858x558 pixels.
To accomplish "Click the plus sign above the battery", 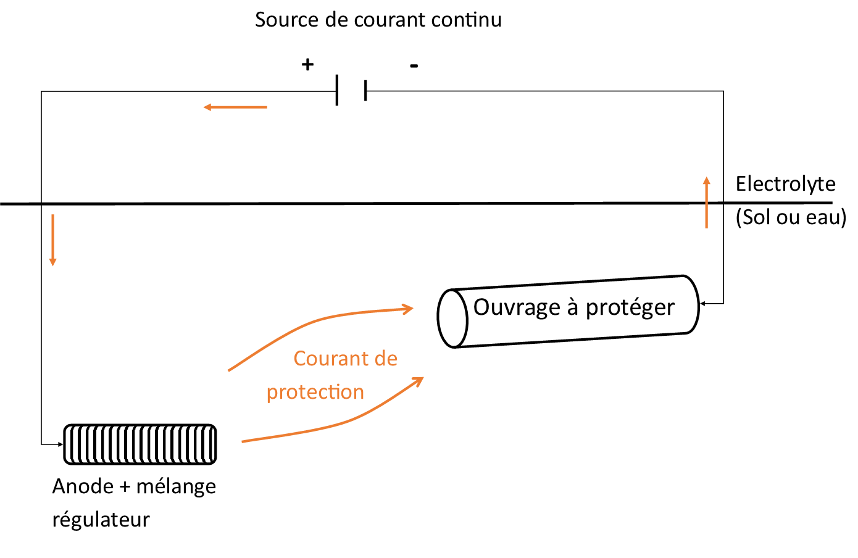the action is coord(307,64).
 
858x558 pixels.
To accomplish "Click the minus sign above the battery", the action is coord(414,66).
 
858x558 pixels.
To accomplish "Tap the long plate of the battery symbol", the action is coord(337,90).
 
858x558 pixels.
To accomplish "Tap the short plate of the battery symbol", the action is coord(366,90).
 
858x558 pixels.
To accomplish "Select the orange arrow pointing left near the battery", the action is coord(235,107).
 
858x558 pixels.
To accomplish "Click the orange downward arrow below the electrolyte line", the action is coord(53,240).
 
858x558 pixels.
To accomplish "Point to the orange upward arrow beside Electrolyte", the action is coord(707,202).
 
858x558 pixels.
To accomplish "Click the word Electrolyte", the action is coord(786,185).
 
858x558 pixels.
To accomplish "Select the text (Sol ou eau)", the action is coord(791,217).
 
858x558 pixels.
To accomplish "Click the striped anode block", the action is coord(140,444).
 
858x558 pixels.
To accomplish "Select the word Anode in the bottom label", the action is coord(83,486).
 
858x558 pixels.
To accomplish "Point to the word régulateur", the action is coord(101,520).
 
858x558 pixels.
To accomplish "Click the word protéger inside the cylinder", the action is coord(630,308).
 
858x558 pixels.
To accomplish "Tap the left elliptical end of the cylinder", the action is coord(452,319).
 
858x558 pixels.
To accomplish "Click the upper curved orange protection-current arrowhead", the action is coord(407,309).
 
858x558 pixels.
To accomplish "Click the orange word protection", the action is coord(315,393).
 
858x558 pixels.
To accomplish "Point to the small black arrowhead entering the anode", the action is coord(60,444).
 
